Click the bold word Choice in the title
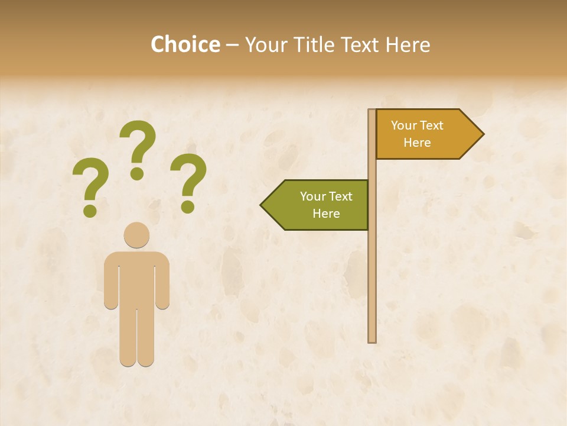(185, 44)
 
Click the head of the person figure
(136, 235)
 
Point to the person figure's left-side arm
(110, 281)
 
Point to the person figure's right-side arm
(163, 281)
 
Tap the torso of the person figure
(136, 278)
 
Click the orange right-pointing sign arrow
(422, 134)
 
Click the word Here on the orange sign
(417, 143)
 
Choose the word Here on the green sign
(326, 214)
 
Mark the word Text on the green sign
(340, 196)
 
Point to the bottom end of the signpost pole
(372, 340)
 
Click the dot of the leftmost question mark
(90, 210)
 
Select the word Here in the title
(408, 44)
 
